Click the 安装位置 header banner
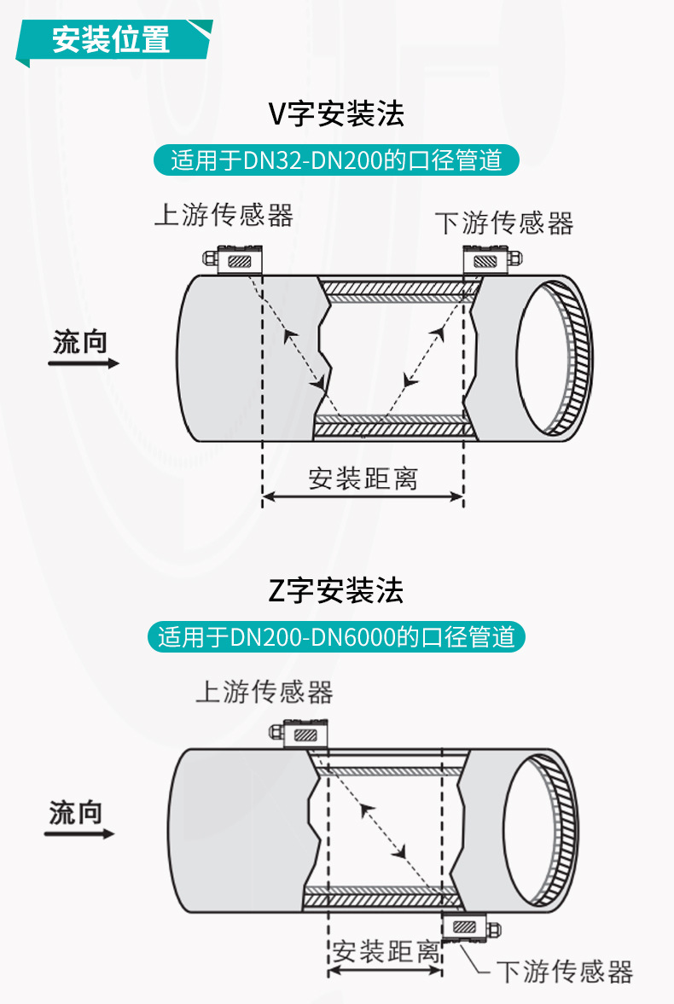pos(114,40)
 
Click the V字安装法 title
pos(336,114)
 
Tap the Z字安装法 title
pos(336,590)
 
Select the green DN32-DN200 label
pos(336,160)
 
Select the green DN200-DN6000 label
pos(336,637)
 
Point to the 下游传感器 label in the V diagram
pos(504,223)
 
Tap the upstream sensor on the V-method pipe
pos(233,259)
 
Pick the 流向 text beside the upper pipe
pos(80,342)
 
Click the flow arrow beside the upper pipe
pos(84,363)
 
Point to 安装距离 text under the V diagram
pos(363,479)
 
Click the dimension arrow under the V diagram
pos(363,496)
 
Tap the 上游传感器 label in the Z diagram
pos(264,692)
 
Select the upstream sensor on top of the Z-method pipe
pos(299,734)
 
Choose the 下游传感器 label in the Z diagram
pos(565,972)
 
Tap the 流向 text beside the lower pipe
pos(76,813)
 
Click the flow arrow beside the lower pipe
pos(79,833)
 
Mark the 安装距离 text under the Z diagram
pos(386,951)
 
